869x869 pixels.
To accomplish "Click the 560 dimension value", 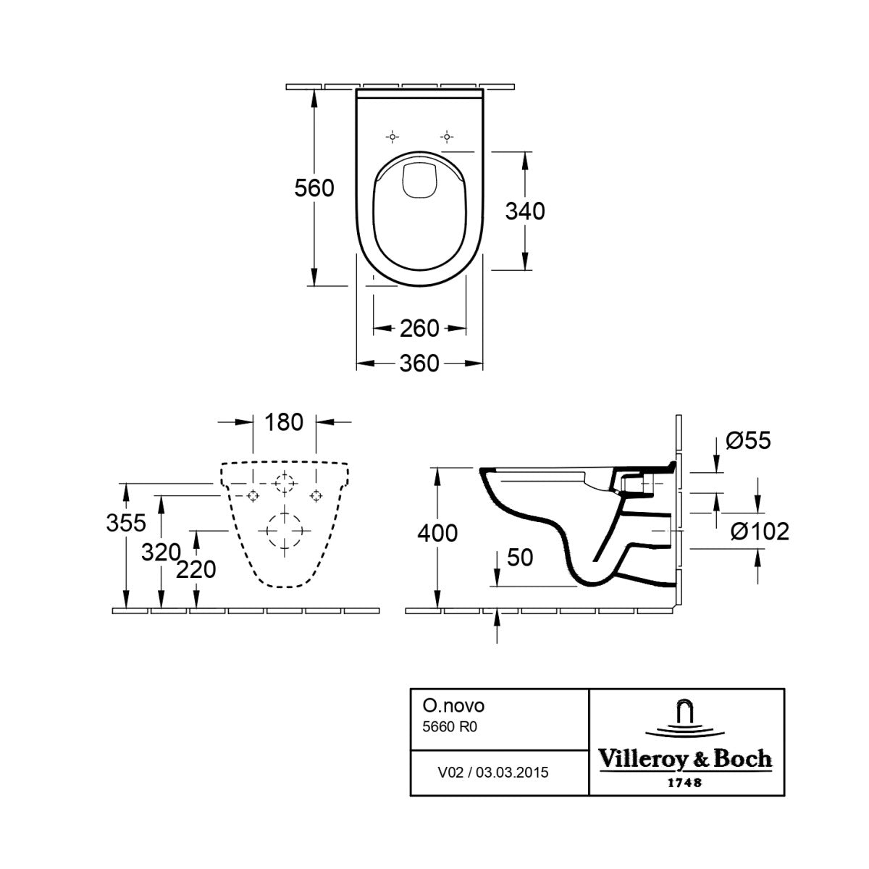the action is pos(314,188).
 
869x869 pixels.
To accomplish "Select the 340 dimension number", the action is pos(525,211).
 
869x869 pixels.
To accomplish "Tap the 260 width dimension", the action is pos(419,328).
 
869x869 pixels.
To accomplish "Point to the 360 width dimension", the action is pos(419,363).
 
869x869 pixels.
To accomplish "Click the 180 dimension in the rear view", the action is pos(284,422).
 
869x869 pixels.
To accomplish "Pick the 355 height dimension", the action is pos(126,523).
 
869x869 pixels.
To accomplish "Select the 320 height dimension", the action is pos(161,552).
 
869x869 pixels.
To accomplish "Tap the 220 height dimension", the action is pos(196,570).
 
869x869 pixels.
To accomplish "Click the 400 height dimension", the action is pos(437,533).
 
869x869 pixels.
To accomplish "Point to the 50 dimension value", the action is pos(520,558).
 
